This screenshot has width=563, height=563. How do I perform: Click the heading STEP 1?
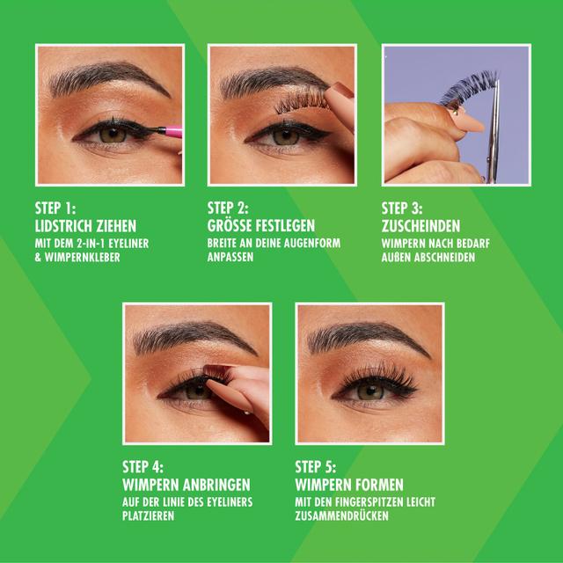pos(55,208)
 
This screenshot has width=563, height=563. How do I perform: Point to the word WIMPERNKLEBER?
pos(82,258)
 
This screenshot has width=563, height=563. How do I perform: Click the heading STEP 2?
pos(228,208)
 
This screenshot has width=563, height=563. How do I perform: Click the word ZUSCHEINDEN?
pos(420,226)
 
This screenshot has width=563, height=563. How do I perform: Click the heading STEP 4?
pos(143,467)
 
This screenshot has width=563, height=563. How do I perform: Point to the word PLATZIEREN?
pos(149,516)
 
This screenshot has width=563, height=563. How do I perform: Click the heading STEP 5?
pos(316,467)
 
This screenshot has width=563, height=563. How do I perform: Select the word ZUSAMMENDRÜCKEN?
pos(342,515)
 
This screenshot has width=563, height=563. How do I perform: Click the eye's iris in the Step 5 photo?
pos(370,391)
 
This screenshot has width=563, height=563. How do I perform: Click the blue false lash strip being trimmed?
pos(469,88)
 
